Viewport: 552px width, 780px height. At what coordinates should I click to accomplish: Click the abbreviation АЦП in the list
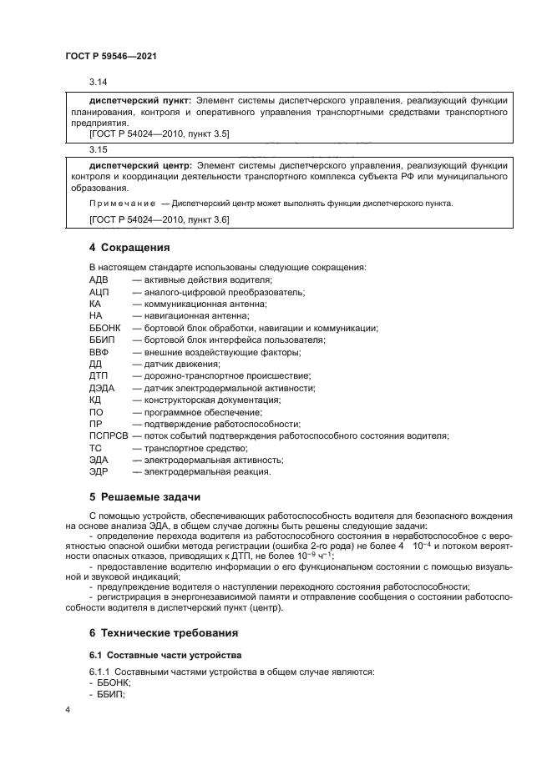click(x=99, y=292)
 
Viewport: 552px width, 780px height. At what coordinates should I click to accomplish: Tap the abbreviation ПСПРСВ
click(x=108, y=435)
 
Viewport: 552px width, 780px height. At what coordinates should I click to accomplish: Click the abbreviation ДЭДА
click(x=102, y=388)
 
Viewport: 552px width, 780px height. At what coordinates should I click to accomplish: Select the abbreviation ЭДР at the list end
click(x=99, y=471)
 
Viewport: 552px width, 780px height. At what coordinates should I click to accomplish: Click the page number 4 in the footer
click(x=68, y=709)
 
